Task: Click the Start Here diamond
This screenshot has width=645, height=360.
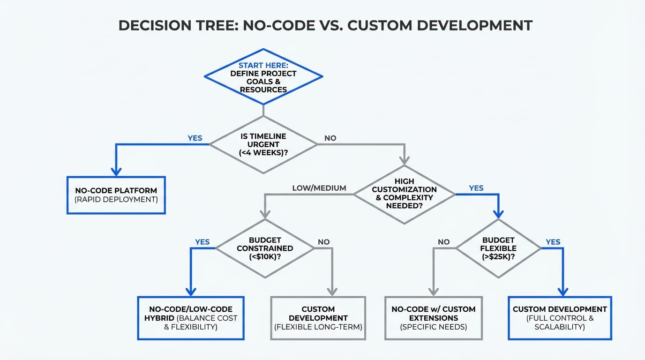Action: (263, 77)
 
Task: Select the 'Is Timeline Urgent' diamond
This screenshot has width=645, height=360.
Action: (263, 145)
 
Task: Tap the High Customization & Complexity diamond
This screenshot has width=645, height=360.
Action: (404, 194)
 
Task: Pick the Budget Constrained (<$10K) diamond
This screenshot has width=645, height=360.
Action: (265, 248)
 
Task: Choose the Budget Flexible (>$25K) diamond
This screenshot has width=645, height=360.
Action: (498, 248)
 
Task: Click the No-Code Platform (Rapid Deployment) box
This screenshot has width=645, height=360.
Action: (116, 195)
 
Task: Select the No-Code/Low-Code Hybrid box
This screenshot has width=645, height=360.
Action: (190, 318)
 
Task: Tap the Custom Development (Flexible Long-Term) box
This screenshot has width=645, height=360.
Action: (318, 318)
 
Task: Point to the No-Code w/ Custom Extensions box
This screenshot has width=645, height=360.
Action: (433, 318)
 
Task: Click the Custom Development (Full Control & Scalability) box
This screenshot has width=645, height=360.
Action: (560, 318)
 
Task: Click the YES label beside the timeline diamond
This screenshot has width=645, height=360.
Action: (195, 138)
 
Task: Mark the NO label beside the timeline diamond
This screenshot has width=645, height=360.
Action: (330, 138)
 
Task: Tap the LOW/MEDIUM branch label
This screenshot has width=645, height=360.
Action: (319, 188)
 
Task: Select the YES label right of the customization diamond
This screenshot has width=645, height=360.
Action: (476, 188)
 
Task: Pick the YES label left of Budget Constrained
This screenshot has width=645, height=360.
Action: (202, 242)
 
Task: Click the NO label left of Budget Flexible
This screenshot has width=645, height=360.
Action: (443, 242)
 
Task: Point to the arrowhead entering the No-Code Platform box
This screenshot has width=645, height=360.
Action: (116, 171)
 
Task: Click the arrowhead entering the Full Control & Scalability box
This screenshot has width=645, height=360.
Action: (562, 291)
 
